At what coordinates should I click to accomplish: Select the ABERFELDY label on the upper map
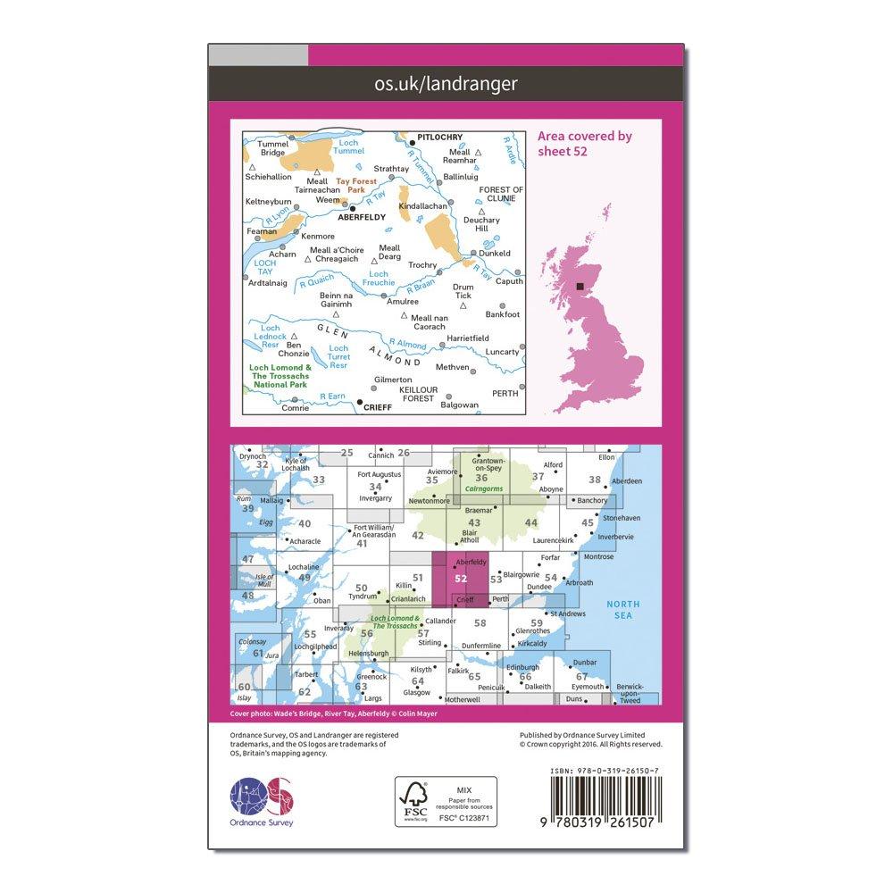364,216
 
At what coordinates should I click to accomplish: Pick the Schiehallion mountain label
268,177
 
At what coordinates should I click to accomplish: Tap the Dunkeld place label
495,254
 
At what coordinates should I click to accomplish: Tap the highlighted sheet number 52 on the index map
461,578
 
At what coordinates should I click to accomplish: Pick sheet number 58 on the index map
480,623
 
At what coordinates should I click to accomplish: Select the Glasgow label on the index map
416,692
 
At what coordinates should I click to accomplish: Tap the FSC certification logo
413,800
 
